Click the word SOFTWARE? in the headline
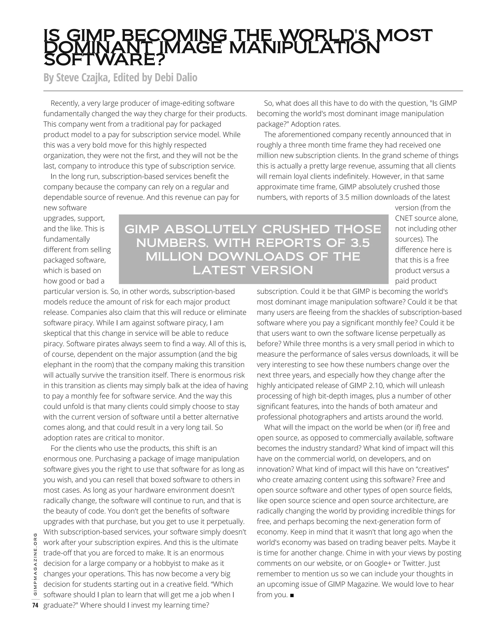coord(104,60)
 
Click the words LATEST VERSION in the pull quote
coord(253,270)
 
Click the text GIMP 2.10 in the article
coord(365,386)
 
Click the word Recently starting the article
coord(64,103)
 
